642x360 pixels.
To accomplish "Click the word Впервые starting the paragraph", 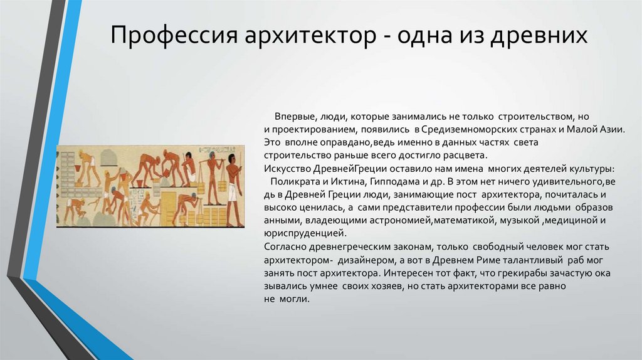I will click(x=295, y=117).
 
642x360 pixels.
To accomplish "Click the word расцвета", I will click(x=462, y=156).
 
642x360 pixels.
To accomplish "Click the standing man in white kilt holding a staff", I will click(x=232, y=185).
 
